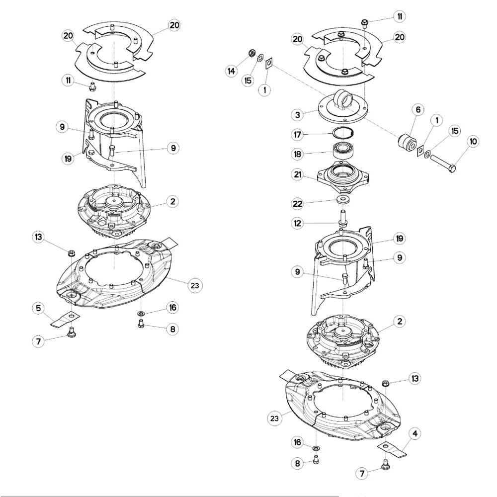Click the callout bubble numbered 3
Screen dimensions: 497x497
tap(297, 114)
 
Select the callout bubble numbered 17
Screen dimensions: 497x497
tap(297, 134)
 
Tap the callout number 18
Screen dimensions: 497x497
tap(297, 155)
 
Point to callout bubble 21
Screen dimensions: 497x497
tap(297, 174)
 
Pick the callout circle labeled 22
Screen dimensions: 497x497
tap(297, 203)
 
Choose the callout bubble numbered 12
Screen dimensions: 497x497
tap(297, 223)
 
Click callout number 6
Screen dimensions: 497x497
tap(418, 110)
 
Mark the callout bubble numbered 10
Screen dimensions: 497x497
tap(473, 141)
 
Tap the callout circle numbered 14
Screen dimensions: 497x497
tap(232, 71)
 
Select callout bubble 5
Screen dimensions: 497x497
tap(38, 308)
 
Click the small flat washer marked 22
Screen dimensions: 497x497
tap(343, 199)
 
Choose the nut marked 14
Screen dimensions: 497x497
tap(251, 53)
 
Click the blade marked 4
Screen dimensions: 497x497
tap(393, 450)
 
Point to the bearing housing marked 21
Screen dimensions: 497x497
tap(343, 177)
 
